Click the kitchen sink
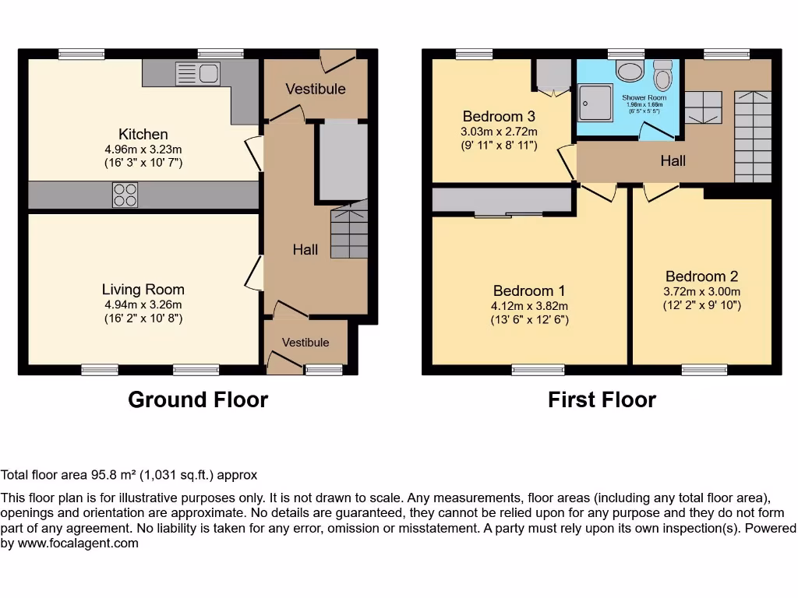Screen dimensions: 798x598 (198, 73)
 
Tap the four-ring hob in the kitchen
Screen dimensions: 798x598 (125, 195)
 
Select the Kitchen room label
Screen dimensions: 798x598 (143, 134)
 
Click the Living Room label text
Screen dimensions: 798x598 (143, 290)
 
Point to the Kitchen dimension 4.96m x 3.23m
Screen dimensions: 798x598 (143, 149)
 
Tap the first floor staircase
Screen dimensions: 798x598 (754, 136)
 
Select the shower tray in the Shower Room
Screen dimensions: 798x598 (595, 104)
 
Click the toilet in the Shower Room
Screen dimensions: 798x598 (662, 75)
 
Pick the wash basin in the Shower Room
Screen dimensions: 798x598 (630, 71)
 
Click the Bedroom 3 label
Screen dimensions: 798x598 (499, 117)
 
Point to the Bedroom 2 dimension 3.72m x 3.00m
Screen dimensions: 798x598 (702, 292)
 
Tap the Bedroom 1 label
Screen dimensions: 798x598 (529, 291)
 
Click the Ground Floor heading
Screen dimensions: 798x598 (198, 399)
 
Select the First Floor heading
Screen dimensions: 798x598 (602, 399)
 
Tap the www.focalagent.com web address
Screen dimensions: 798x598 (78, 543)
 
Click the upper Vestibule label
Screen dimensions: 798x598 (316, 89)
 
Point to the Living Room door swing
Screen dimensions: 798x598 (255, 273)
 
